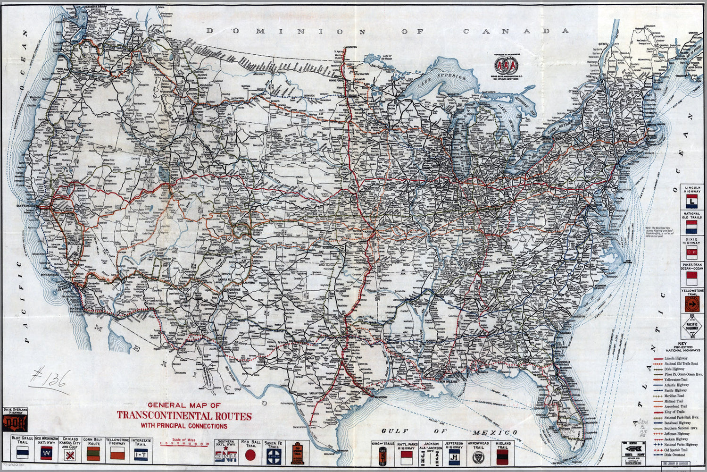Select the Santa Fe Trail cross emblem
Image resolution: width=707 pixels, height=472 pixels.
(274, 455)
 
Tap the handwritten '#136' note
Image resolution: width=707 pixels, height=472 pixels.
(50, 380)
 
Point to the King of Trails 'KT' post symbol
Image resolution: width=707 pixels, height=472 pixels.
(383, 456)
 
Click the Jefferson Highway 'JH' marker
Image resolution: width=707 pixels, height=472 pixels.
(454, 456)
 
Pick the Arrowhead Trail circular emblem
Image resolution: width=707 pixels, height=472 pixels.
(479, 456)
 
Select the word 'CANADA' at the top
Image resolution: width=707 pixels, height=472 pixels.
(516, 31)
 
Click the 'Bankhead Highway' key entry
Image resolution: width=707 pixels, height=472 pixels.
(675, 423)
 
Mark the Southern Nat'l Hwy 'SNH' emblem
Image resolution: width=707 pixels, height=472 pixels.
(225, 457)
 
